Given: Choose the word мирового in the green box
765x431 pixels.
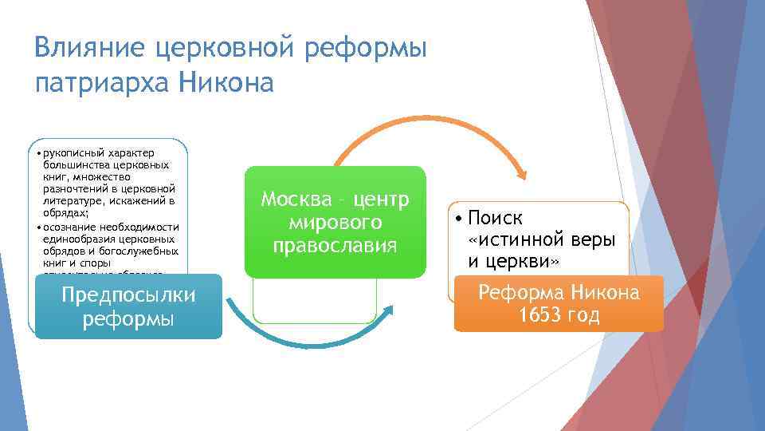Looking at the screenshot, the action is click(x=334, y=222).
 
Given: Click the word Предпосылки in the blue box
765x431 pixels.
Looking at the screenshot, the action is click(x=128, y=295).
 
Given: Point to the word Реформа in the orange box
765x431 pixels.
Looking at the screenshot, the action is click(x=519, y=292).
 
